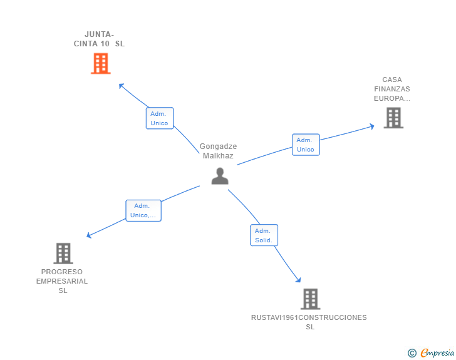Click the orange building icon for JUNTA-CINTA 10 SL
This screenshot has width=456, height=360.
101,63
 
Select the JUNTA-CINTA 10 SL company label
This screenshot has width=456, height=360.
99,39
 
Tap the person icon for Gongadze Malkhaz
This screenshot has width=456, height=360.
220,176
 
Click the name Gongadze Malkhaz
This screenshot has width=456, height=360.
218,151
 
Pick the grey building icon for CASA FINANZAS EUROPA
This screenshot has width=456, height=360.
393,118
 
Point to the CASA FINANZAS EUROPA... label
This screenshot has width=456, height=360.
392,89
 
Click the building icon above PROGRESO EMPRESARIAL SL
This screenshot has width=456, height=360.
63,254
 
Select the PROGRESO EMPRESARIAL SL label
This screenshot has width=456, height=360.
62,281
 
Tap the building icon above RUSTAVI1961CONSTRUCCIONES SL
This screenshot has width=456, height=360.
311,299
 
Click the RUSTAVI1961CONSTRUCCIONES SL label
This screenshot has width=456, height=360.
309,322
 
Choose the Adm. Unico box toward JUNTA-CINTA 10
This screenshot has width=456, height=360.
160,118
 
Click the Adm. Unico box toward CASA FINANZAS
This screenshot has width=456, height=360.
306,145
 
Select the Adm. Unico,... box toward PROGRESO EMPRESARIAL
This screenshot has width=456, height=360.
143,210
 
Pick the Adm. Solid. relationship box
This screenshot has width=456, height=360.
264,235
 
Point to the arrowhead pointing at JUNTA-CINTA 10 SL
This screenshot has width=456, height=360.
122,86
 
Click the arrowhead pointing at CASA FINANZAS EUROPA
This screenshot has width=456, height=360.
371,126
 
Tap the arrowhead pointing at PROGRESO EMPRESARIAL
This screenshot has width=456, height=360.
89,235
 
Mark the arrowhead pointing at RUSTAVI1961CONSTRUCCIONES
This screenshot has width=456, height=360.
298,280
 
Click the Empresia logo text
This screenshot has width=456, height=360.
437,352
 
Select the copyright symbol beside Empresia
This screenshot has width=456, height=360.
412,353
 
